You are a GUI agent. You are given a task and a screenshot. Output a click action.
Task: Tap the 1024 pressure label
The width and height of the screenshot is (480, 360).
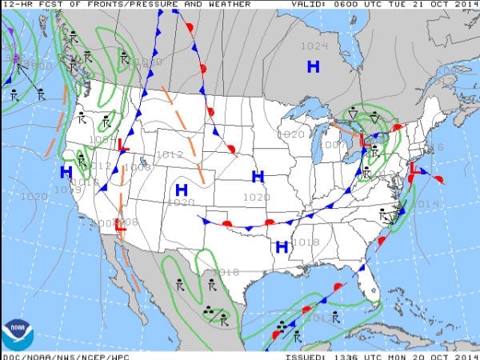coord(314,46)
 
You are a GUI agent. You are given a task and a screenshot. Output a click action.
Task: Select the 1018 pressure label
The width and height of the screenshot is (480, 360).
coord(306,242)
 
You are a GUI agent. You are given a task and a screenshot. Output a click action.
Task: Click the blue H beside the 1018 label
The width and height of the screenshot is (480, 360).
coord(282,247)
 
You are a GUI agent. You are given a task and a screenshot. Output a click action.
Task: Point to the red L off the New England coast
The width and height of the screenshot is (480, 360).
coord(414,169)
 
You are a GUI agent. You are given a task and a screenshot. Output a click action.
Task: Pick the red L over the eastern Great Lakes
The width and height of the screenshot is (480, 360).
coord(364,140)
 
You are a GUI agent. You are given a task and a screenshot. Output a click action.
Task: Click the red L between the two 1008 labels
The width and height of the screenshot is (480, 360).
coord(120,226)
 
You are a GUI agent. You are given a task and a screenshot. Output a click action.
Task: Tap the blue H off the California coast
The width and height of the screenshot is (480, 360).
coord(66,172)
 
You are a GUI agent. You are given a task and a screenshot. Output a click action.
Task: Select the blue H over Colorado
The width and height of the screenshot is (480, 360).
coord(182,190)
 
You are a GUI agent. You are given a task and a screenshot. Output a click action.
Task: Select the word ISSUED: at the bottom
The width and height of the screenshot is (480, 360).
coord(306,355)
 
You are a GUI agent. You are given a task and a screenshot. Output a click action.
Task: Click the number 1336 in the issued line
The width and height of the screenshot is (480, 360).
coord(345,355)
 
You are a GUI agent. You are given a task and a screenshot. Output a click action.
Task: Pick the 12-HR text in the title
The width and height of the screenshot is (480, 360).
coord(15,4)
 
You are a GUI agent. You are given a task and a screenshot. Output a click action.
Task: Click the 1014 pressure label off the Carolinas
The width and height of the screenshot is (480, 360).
coord(429,204)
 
